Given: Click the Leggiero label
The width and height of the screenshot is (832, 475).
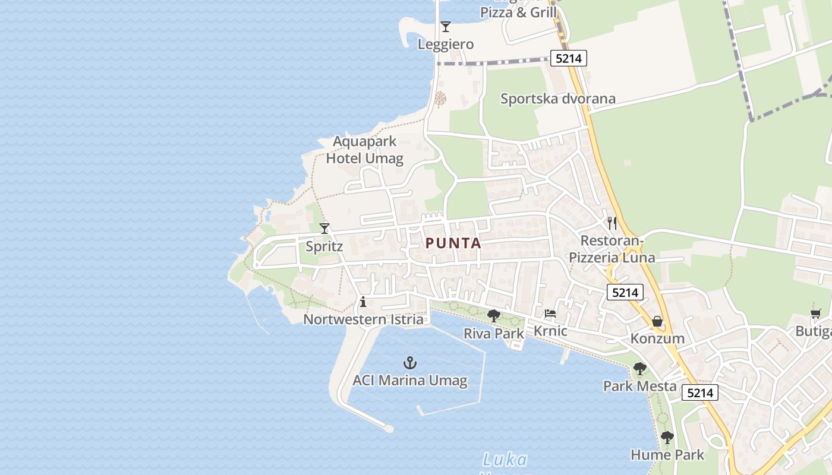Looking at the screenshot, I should pyautogui.click(x=446, y=44).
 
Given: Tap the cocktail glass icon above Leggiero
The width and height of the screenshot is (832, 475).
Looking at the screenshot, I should pyautogui.click(x=446, y=27).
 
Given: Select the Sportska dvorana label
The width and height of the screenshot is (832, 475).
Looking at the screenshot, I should pyautogui.click(x=557, y=99).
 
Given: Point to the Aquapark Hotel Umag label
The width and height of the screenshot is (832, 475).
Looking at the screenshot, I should pyautogui.click(x=365, y=150).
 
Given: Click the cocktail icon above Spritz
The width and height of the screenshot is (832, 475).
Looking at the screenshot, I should pyautogui.click(x=324, y=228).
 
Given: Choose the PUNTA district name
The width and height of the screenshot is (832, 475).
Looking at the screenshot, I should pyautogui.click(x=453, y=243).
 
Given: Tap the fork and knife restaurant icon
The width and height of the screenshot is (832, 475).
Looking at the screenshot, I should pyautogui.click(x=612, y=223).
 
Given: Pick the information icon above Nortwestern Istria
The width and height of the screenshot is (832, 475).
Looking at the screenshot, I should pyautogui.click(x=363, y=302).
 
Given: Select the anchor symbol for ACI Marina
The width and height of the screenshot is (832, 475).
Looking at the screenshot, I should pyautogui.click(x=410, y=362).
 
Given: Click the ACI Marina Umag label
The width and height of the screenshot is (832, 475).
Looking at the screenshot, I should pyautogui.click(x=410, y=381).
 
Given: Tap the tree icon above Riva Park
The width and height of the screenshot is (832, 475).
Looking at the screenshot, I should pyautogui.click(x=493, y=316).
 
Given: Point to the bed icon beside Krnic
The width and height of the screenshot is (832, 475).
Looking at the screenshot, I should pyautogui.click(x=550, y=313).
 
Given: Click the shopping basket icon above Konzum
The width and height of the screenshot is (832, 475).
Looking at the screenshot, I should pyautogui.click(x=657, y=321).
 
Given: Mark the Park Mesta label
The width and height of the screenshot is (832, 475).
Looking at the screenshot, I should pyautogui.click(x=639, y=386).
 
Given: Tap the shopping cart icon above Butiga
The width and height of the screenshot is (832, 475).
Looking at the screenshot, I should pyautogui.click(x=816, y=313).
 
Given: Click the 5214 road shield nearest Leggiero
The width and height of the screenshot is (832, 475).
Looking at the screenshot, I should pyautogui.click(x=569, y=58).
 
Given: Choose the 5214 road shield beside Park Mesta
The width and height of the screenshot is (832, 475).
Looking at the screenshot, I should pyautogui.click(x=700, y=392).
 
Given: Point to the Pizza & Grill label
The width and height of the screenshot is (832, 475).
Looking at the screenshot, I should pyautogui.click(x=518, y=12).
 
